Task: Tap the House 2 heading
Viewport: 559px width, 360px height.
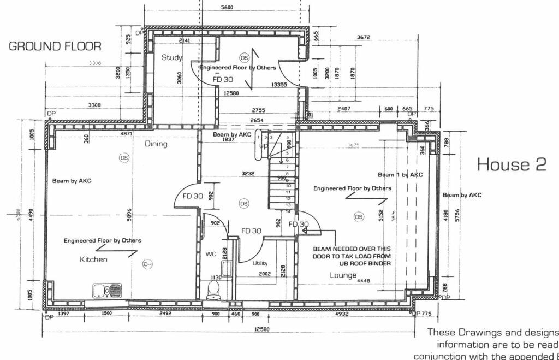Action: pos(512,164)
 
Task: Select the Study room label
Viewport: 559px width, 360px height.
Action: pos(172,57)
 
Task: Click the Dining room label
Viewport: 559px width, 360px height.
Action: pos(156,144)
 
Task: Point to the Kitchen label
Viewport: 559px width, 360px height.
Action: pos(93,259)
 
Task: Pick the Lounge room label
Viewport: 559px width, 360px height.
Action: pos(343,275)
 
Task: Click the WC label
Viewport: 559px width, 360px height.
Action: pos(211,254)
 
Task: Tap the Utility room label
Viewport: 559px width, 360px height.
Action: pos(260,263)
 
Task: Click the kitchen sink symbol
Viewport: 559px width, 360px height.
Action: pos(107,290)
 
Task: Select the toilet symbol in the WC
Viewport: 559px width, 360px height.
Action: pos(214,289)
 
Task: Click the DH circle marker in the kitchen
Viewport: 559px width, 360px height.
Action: pos(147,264)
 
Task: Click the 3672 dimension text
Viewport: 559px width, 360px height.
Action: pos(364,37)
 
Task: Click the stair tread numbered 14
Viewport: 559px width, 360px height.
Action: pos(288,211)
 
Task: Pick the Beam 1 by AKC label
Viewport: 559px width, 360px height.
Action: pos(400,175)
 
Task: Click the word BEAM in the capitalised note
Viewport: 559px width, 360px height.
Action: pos(322,249)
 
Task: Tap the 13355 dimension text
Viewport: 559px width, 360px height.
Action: pos(279,85)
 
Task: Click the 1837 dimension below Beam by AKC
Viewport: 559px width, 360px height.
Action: pos(228,140)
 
